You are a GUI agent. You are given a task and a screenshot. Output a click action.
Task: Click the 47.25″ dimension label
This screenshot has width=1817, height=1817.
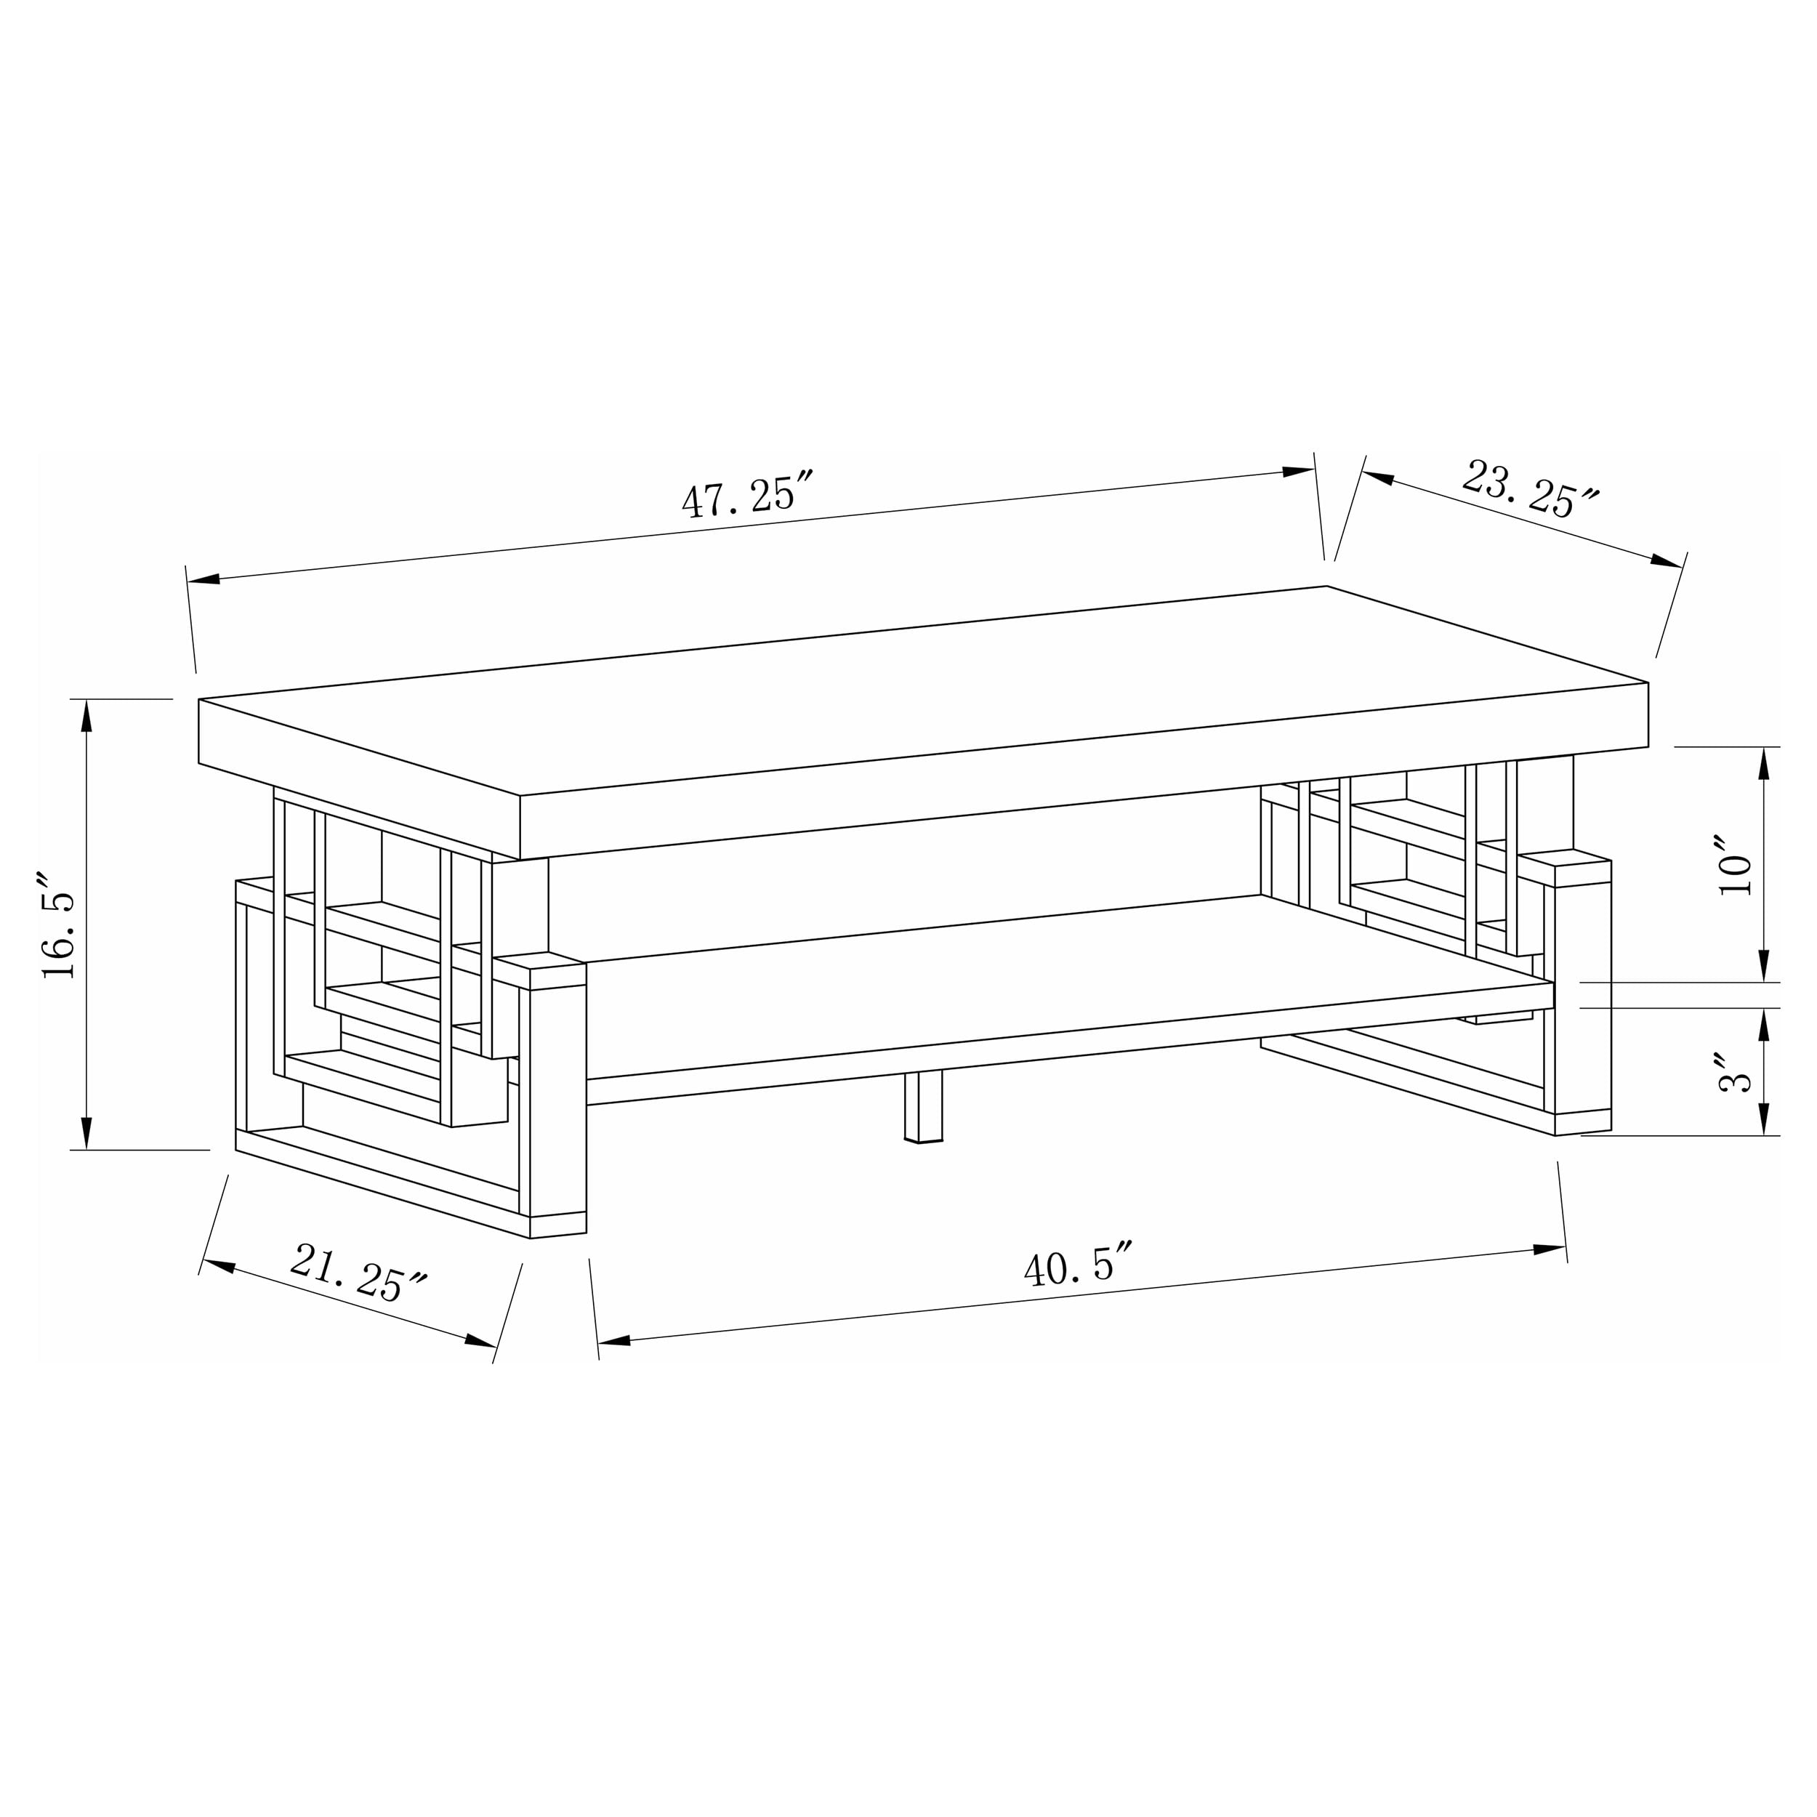coord(745,493)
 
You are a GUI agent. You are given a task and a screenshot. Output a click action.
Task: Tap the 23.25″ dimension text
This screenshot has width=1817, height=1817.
coord(1530,489)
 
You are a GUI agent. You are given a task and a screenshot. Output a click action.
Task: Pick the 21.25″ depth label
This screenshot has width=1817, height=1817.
coord(358,1274)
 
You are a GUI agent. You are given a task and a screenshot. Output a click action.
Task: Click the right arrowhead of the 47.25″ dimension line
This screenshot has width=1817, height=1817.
coord(1299,471)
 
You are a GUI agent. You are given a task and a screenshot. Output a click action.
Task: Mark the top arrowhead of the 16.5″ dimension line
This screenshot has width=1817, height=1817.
coord(86,717)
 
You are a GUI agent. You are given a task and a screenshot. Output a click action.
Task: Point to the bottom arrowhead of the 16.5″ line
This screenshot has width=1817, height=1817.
coord(86,1132)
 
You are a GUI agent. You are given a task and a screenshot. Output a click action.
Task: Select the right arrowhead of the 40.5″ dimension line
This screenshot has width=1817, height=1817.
coord(1549,1250)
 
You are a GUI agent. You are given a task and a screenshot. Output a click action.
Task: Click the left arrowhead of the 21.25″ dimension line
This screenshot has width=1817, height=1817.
coord(218,1266)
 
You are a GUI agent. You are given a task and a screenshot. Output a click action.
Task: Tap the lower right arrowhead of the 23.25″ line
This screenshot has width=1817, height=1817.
coord(1667,562)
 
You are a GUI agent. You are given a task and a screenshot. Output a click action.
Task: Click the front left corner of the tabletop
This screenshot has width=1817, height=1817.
coord(520,797)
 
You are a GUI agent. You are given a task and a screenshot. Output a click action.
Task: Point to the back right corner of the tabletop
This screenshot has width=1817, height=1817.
coord(1326,587)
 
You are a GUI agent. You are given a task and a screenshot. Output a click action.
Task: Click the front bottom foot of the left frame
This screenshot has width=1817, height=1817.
coord(557,1226)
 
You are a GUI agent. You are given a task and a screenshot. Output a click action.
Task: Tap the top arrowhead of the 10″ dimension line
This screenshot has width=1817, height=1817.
coord(1763,764)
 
